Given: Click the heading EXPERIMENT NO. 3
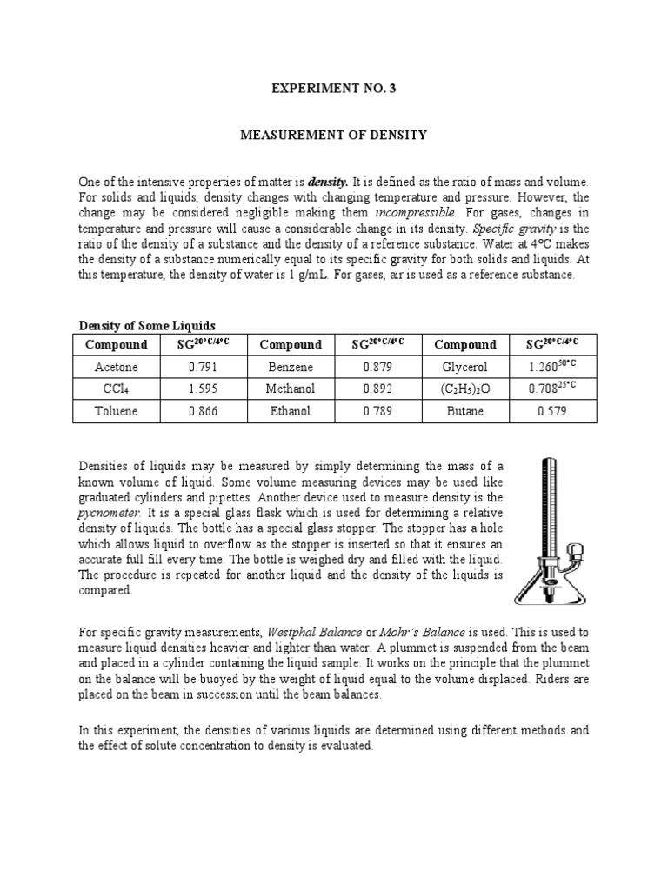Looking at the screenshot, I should [x=334, y=87].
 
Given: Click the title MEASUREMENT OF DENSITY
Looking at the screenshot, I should [x=334, y=136].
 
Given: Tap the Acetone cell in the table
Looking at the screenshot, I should [x=117, y=367].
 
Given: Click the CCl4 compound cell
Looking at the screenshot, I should [x=117, y=389].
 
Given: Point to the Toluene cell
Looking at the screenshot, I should [x=117, y=411].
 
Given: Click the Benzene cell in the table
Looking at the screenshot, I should [x=291, y=367].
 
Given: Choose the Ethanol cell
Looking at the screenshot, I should [x=291, y=411].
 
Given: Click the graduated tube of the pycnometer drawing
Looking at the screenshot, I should [x=548, y=504].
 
